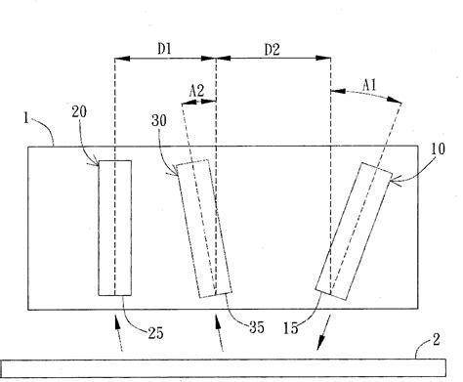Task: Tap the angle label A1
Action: click(370, 86)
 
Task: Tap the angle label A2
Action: click(196, 92)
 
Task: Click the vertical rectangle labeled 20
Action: click(114, 227)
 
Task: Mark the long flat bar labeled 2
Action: click(231, 368)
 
